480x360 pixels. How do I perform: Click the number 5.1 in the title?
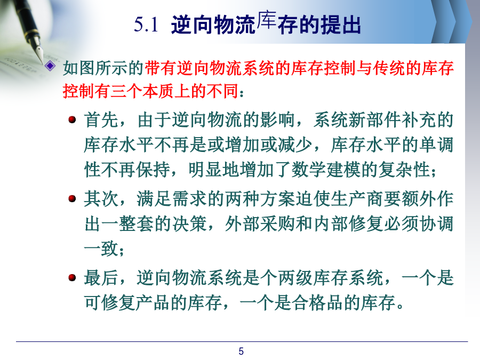coord(146,25)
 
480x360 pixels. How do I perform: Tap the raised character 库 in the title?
coord(267,20)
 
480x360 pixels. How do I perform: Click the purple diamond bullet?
coord(50,66)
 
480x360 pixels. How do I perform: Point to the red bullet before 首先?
coord(72,119)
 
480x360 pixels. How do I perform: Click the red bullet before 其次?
coord(72,199)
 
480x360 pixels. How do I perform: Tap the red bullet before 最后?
coord(72,278)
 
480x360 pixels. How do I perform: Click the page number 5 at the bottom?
coord(241,351)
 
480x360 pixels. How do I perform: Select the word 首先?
coord(101,119)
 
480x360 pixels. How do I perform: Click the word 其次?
coord(101,199)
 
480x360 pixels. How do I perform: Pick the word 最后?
coord(101,278)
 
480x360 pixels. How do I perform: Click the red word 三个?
coord(126,91)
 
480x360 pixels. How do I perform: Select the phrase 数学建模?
coord(326,170)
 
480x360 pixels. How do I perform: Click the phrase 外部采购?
coord(260,224)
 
